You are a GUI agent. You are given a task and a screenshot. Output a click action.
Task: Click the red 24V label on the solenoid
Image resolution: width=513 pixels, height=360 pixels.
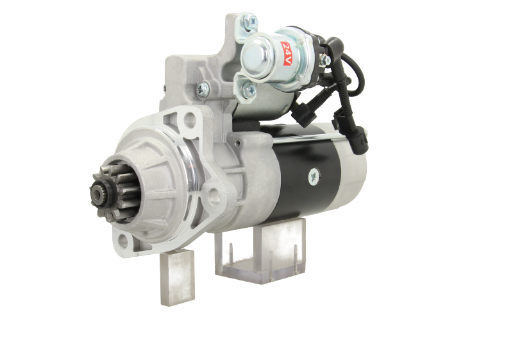click(x=286, y=53)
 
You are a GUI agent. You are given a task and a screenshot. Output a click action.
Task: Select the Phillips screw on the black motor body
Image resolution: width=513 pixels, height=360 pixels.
click(x=314, y=177)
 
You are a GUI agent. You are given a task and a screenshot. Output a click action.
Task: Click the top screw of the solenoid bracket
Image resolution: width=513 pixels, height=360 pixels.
click(x=251, y=21)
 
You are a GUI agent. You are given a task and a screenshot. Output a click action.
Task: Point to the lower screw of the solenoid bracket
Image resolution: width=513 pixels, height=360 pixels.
click(x=249, y=89)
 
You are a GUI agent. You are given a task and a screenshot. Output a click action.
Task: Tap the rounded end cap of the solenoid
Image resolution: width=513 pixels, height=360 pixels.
click(x=255, y=56)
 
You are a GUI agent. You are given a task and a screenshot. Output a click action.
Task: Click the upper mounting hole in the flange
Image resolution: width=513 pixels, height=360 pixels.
click(x=189, y=119)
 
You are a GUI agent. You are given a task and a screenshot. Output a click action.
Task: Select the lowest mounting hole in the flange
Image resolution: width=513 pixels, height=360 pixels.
click(x=123, y=241)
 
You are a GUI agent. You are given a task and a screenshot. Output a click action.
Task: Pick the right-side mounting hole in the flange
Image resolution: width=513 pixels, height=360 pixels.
click(x=214, y=195)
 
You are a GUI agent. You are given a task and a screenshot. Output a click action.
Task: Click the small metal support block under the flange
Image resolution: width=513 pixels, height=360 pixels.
click(x=178, y=277)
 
